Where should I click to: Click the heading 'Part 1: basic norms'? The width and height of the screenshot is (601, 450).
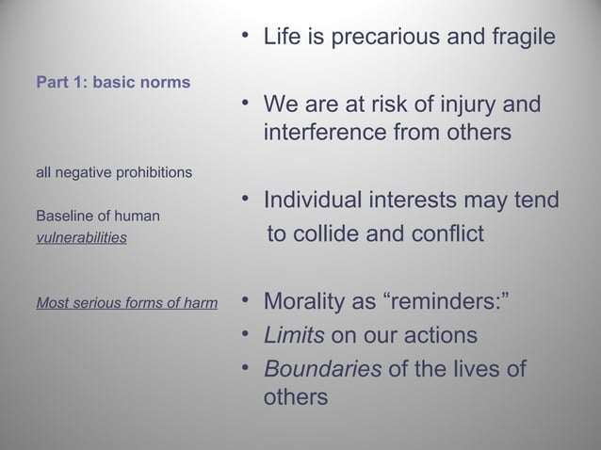point(113,82)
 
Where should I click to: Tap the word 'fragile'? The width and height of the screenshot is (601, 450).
point(516,39)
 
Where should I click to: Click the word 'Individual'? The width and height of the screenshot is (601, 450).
point(322,201)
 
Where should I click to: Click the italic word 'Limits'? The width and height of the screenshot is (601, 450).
point(289,335)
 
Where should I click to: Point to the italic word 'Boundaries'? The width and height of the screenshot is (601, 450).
point(322,367)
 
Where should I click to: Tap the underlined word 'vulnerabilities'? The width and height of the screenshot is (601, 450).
point(81,238)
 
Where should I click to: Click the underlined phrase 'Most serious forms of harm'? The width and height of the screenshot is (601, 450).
point(126,303)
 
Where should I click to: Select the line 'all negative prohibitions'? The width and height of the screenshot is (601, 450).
point(114,173)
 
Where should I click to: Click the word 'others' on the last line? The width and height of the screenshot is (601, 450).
point(296,397)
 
